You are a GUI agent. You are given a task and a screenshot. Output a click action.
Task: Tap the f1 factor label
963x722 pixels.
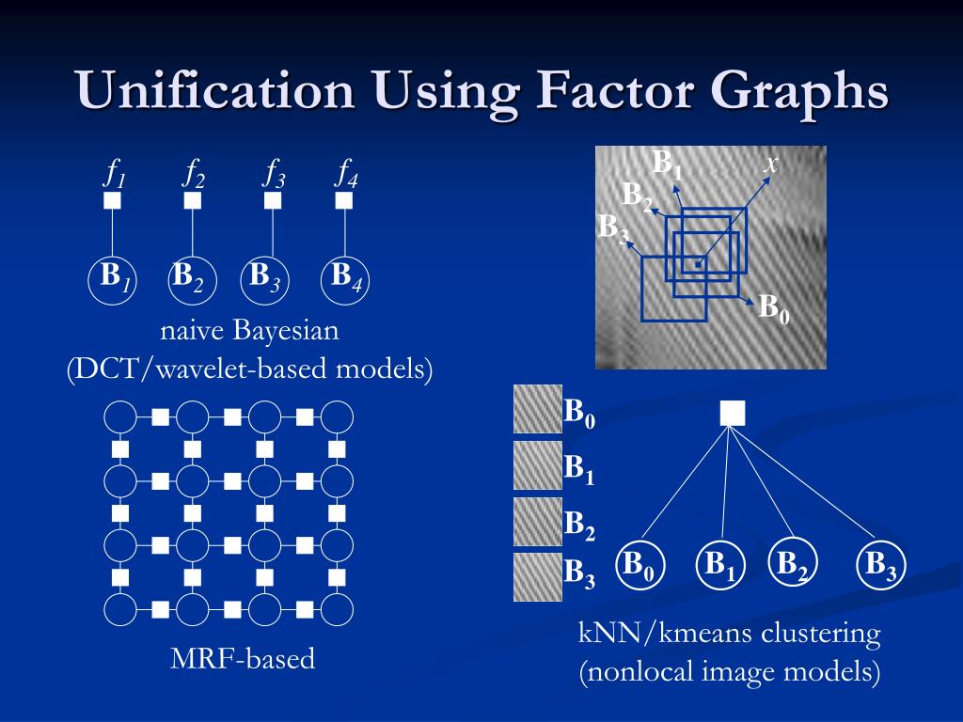click(115, 174)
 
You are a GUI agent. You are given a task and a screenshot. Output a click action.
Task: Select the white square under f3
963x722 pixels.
click(273, 200)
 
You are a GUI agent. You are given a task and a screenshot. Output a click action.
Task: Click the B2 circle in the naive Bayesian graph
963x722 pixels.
click(193, 279)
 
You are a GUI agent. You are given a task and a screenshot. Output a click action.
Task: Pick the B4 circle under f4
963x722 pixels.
click(345, 279)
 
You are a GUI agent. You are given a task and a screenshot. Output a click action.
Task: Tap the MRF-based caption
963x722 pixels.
click(243, 659)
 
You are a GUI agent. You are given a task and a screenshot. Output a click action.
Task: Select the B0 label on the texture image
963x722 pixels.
click(774, 308)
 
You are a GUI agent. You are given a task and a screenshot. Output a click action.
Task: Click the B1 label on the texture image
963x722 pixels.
click(668, 165)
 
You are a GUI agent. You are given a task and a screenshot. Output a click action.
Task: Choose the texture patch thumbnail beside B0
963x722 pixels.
click(537, 410)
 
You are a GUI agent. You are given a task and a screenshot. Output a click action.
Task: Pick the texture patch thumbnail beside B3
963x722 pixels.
click(537, 576)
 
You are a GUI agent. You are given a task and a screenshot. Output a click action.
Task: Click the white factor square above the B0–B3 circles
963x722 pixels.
click(733, 413)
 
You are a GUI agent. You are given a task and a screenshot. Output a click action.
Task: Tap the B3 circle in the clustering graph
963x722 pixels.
click(881, 566)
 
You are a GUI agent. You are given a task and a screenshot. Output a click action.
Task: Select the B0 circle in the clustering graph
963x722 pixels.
click(640, 566)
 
